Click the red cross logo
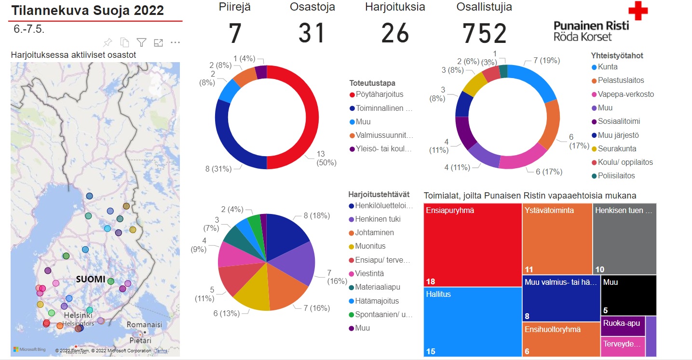(x=638, y=11)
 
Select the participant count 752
(x=485, y=34)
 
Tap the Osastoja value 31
(x=312, y=34)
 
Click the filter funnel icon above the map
(x=141, y=42)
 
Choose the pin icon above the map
(x=108, y=42)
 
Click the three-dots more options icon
(x=175, y=42)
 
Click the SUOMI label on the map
(x=91, y=279)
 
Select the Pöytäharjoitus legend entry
(x=379, y=94)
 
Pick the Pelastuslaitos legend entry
(x=621, y=80)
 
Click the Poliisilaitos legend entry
(x=616, y=176)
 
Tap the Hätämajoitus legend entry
(x=377, y=301)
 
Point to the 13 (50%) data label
(x=326, y=158)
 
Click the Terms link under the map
(x=161, y=351)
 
